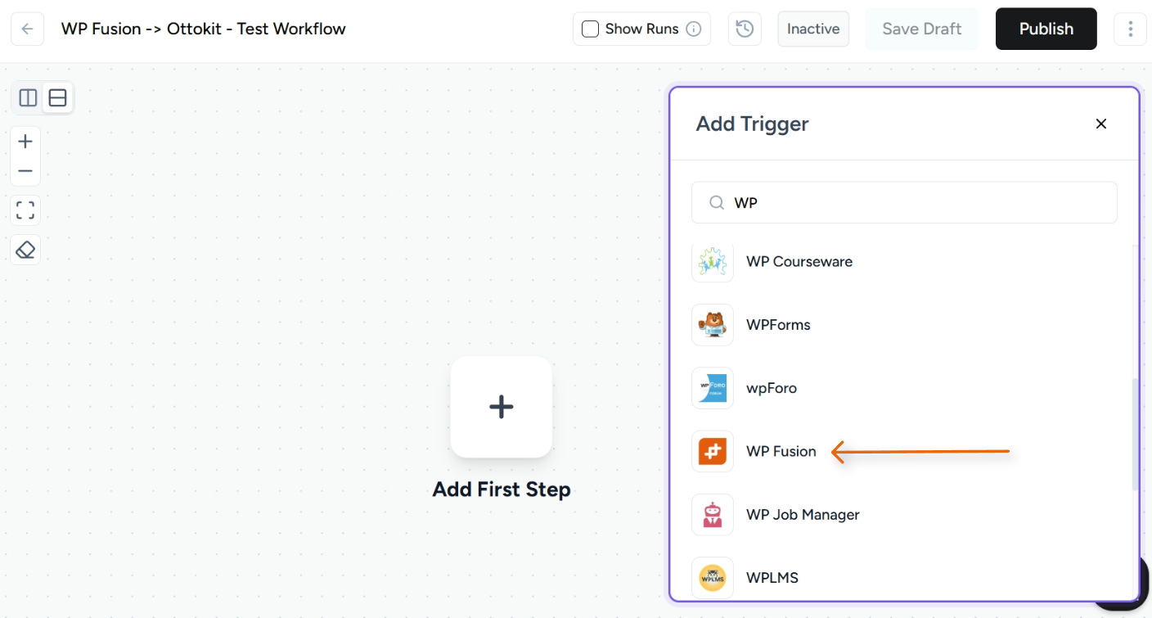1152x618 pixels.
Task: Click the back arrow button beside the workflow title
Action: click(x=27, y=29)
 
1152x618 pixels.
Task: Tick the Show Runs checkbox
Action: click(x=590, y=29)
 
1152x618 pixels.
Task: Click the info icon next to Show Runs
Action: click(x=694, y=29)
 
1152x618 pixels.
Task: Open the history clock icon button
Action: click(x=745, y=29)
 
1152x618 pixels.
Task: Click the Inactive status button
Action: click(x=813, y=29)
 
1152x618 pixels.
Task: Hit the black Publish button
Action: click(x=1046, y=29)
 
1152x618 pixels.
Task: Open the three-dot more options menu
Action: click(x=1130, y=29)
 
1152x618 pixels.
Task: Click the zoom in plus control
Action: click(x=25, y=142)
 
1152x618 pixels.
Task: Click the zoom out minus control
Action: click(x=25, y=171)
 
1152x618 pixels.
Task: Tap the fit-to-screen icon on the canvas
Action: click(x=25, y=210)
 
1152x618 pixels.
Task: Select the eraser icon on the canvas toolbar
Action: click(x=25, y=250)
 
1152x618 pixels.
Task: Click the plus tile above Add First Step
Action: click(x=501, y=407)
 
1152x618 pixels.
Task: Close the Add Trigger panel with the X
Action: click(x=1101, y=124)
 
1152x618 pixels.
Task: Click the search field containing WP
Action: click(x=904, y=203)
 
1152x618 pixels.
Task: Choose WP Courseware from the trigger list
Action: click(x=799, y=262)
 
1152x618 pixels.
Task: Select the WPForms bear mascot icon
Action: click(x=713, y=325)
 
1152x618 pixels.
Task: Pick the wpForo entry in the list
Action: click(x=771, y=388)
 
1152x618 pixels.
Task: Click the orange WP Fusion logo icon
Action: click(x=713, y=451)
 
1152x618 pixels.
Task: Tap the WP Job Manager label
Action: click(x=803, y=515)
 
